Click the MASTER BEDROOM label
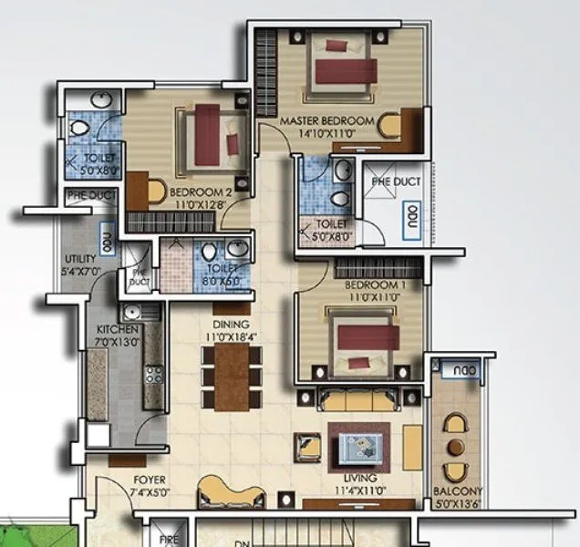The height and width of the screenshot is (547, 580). tap(326, 121)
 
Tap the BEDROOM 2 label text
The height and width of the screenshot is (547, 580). tap(201, 192)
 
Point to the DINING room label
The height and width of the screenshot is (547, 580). tap(231, 325)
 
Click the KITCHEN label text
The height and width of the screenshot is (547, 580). tap(119, 329)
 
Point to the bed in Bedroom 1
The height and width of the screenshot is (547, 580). tap(365, 343)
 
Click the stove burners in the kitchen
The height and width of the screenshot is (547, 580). tap(153, 374)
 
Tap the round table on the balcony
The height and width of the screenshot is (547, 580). tap(455, 446)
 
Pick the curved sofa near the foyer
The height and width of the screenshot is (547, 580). tap(223, 492)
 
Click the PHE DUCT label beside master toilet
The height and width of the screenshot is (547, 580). tap(396, 181)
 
